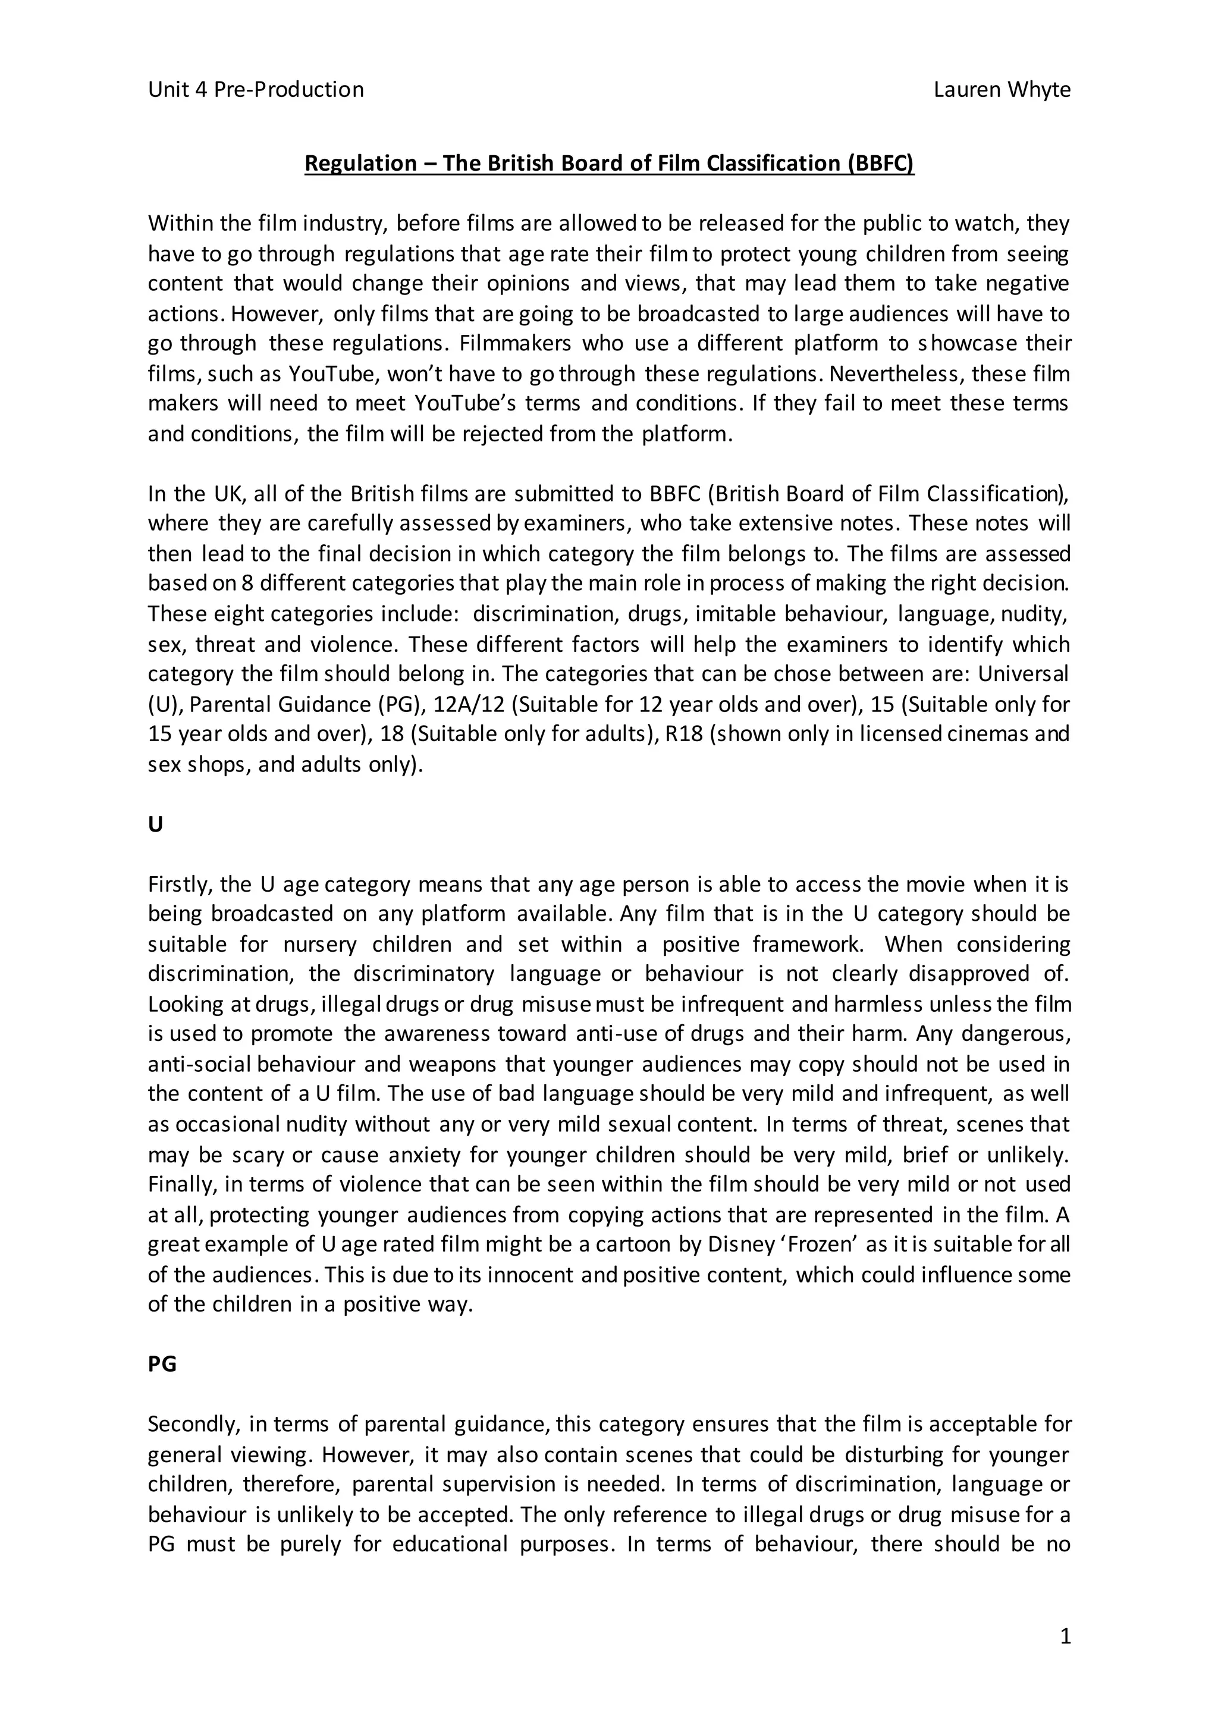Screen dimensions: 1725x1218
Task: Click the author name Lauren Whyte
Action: point(1002,90)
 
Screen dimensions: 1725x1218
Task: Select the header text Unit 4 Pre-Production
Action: point(256,90)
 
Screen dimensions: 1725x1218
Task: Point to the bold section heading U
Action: point(156,825)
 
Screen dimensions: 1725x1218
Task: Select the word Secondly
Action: point(192,1425)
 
